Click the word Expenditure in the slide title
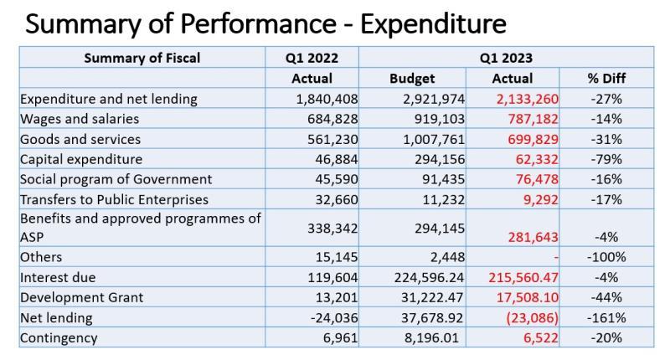point(433,23)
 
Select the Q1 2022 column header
point(312,58)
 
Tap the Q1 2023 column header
point(506,58)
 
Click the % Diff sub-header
point(606,79)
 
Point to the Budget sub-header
point(412,79)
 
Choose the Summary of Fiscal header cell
point(142,58)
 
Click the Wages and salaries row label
point(80,119)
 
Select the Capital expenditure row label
point(81,159)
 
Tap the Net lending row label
point(55,318)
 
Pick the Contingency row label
point(59,338)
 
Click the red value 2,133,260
point(524,99)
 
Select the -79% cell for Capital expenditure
point(606,159)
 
